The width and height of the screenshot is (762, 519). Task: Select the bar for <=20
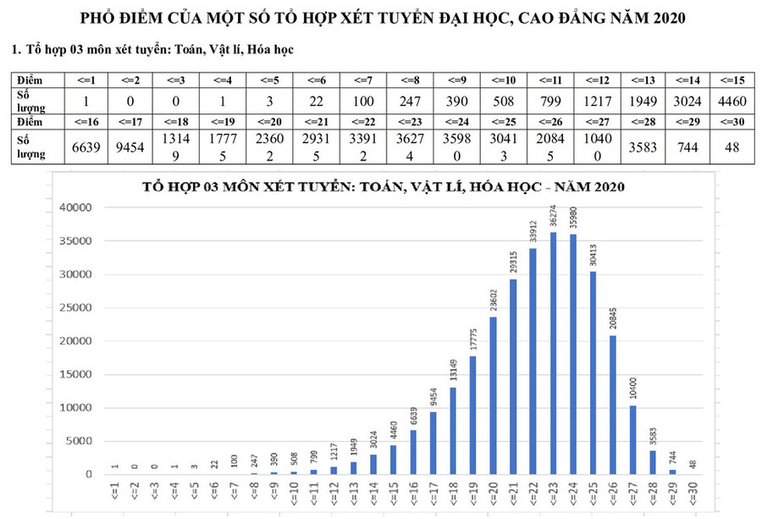[x=494, y=396]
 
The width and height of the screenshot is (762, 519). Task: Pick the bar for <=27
[x=632, y=440]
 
